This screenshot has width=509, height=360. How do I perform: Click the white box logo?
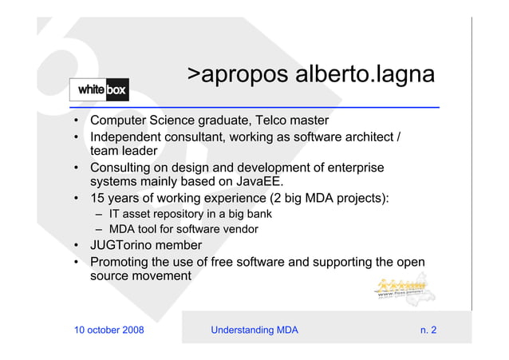click(99, 89)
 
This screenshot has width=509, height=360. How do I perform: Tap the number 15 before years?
click(97, 198)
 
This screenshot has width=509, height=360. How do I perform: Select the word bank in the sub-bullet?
click(258, 214)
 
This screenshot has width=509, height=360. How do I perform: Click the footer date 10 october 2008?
click(109, 330)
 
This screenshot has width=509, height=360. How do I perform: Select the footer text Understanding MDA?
click(254, 330)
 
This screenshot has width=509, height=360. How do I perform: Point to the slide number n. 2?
click(428, 330)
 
